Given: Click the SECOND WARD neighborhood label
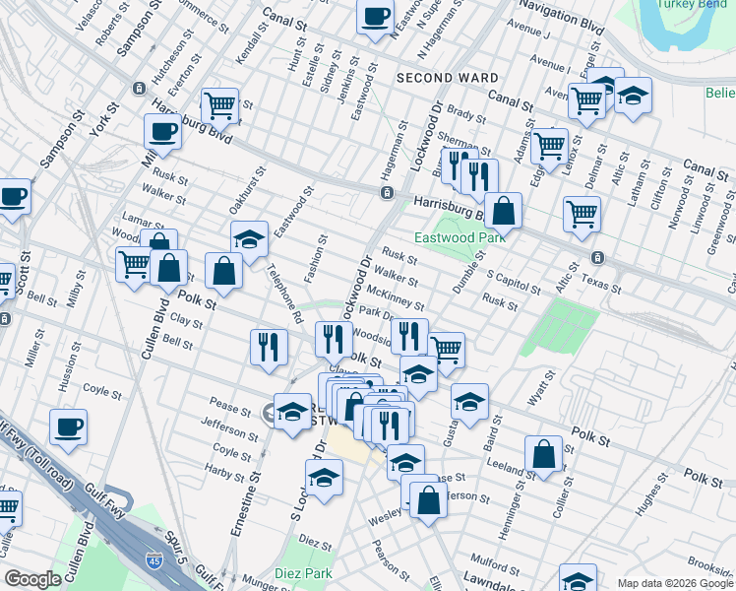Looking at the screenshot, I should (440, 78).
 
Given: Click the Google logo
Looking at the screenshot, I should (32, 579).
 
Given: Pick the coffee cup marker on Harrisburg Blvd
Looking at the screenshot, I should (162, 131).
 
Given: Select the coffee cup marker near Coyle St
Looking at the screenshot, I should (69, 427).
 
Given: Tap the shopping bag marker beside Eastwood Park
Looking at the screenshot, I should (503, 210).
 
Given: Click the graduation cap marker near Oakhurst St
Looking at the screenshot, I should (250, 238).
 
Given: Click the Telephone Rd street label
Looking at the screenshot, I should (285, 295).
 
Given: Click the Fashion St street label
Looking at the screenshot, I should (314, 259).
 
